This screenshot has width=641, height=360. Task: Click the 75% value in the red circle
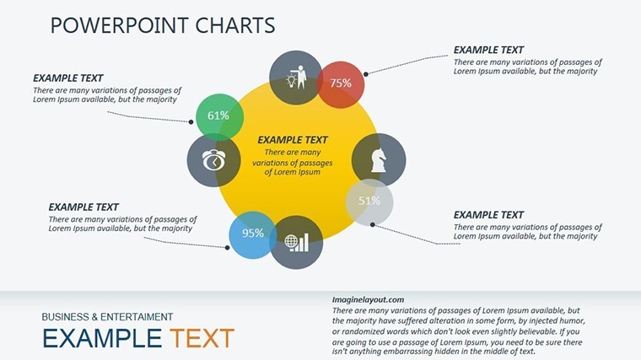(x=341, y=83)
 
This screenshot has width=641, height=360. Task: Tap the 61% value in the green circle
(x=218, y=116)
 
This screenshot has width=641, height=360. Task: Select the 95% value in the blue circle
(x=253, y=233)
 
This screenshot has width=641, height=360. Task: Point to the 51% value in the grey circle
(x=369, y=201)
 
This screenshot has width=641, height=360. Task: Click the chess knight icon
(x=379, y=159)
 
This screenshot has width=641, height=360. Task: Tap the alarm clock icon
(x=213, y=160)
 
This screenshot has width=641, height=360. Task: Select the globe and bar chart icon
(x=297, y=243)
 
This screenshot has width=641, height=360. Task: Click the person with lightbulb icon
(x=297, y=78)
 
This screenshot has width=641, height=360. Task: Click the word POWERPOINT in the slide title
(x=120, y=25)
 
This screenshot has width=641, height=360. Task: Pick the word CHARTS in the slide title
(x=235, y=25)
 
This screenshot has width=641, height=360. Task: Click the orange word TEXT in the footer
(x=202, y=338)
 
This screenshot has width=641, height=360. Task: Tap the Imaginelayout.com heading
(x=368, y=300)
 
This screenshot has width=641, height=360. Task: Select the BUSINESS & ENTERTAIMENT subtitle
(x=107, y=317)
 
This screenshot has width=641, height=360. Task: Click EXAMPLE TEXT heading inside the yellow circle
(x=293, y=140)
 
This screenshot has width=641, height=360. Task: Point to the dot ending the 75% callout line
(x=366, y=74)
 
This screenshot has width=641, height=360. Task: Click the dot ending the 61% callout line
(x=191, y=121)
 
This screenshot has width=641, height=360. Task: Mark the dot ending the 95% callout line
(x=227, y=248)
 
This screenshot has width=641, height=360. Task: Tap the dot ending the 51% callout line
(x=373, y=224)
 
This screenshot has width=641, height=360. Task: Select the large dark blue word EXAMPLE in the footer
(x=102, y=338)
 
